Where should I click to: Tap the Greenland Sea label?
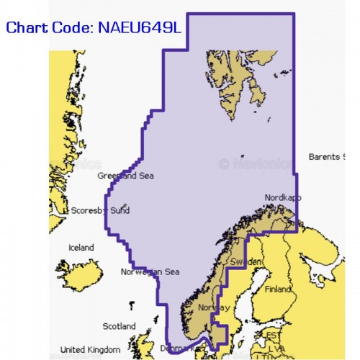pos(125,175)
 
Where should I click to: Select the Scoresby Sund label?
pos(101,211)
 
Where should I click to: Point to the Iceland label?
pos(81,248)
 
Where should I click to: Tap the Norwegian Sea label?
pos(150,271)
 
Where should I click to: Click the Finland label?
pos(278,289)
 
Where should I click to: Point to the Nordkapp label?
pos(283,197)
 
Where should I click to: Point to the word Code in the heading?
pos(69,30)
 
